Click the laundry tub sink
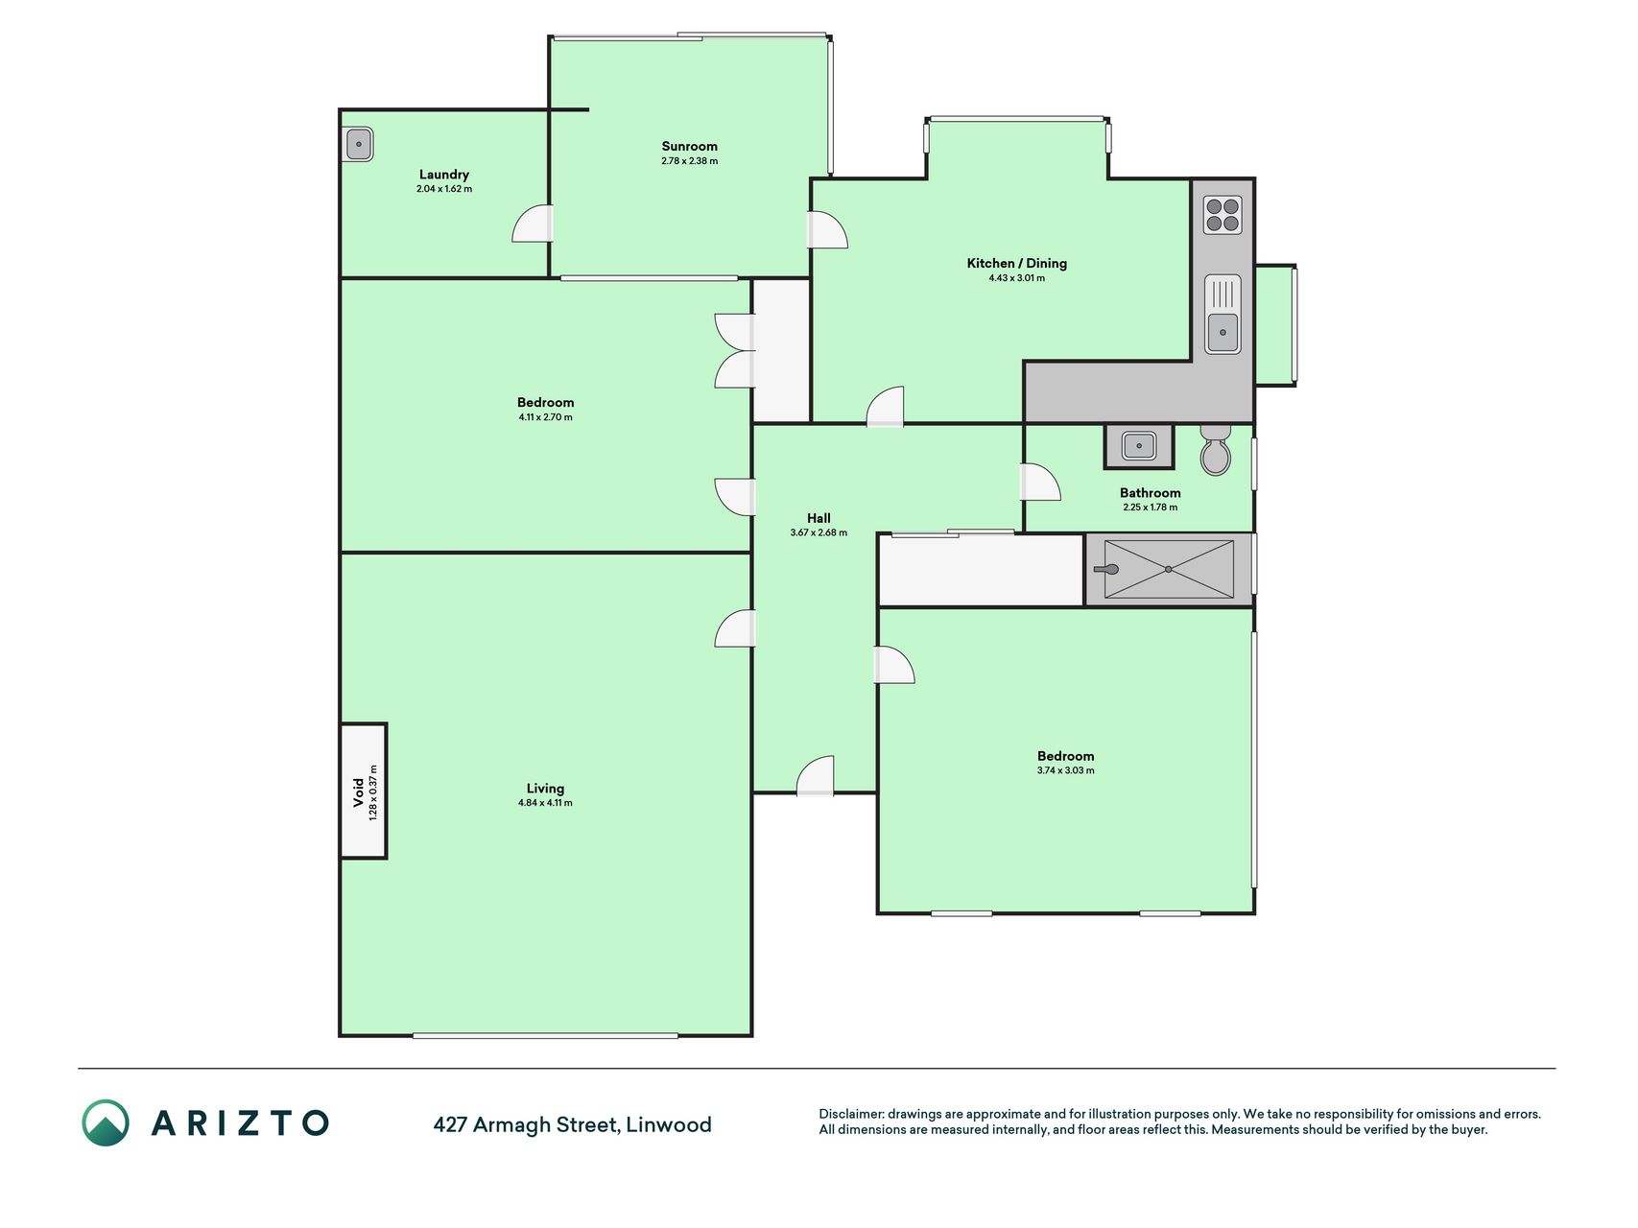coord(358,145)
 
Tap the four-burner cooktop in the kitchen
coord(1223,215)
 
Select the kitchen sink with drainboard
coord(1223,314)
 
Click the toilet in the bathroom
coord(1216,451)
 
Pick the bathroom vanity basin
coord(1139,446)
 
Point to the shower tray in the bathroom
coord(1169,570)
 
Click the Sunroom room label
coord(689,147)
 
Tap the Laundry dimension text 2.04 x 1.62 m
coord(444,189)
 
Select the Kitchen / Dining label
coord(1016,263)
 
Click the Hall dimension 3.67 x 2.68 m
coord(819,532)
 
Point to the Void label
coord(359,791)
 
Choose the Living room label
coord(545,789)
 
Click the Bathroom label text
coord(1150,493)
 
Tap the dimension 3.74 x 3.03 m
coord(1065,770)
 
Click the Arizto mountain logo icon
coord(106,1122)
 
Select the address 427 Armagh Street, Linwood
coord(572,1124)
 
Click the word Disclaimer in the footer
coord(850,1114)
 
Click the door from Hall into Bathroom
coord(1040,482)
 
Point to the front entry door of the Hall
coord(816,775)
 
